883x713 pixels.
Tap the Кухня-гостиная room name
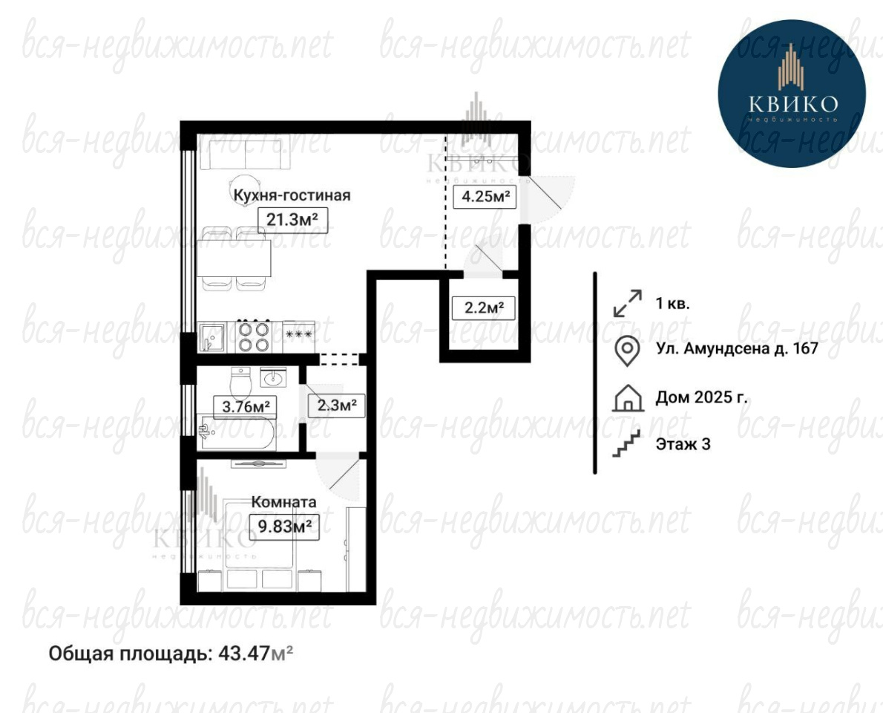pyautogui.click(x=292, y=195)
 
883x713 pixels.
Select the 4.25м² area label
pyautogui.click(x=485, y=197)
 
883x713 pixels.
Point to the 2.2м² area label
pyautogui.click(x=484, y=307)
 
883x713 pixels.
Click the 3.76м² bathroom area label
pyautogui.click(x=245, y=406)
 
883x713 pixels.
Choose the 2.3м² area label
pyautogui.click(x=336, y=405)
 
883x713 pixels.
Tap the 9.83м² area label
pyautogui.click(x=284, y=527)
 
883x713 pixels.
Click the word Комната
pyautogui.click(x=283, y=501)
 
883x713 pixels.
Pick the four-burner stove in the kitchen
pyautogui.click(x=254, y=336)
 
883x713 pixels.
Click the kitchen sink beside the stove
pyautogui.click(x=211, y=337)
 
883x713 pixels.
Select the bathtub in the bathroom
pyautogui.click(x=237, y=433)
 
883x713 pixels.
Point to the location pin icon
pyautogui.click(x=627, y=350)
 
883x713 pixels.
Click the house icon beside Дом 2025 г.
pyautogui.click(x=627, y=398)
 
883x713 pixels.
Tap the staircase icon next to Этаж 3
pyautogui.click(x=627, y=443)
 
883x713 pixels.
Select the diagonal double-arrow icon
pyautogui.click(x=627, y=303)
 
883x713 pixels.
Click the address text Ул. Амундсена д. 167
pyautogui.click(x=737, y=348)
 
